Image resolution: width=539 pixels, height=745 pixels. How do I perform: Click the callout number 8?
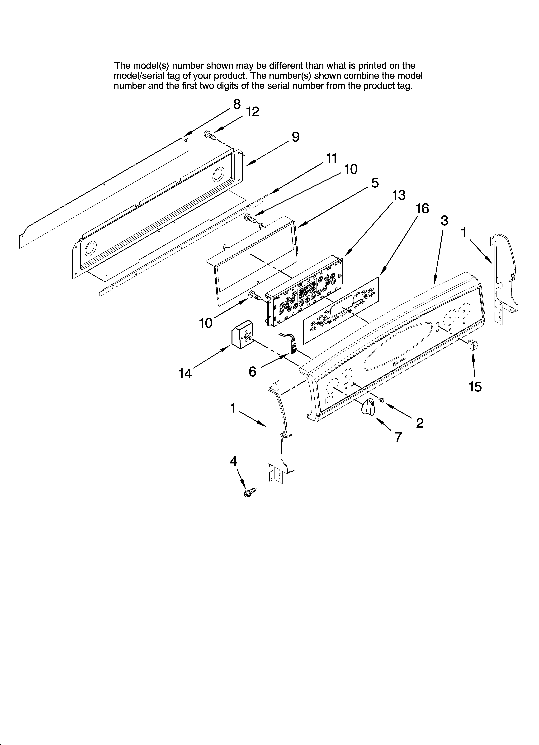237,104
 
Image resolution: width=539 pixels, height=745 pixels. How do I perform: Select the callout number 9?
295,137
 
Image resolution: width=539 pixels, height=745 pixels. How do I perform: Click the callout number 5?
375,183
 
